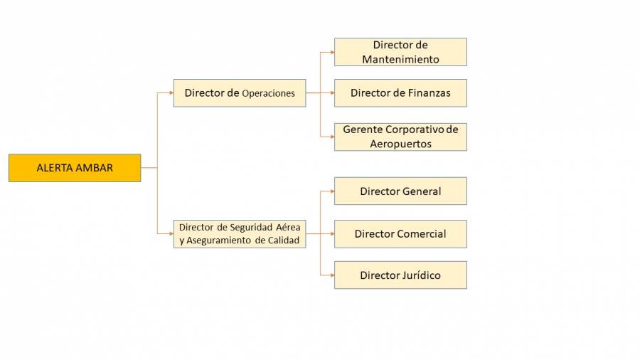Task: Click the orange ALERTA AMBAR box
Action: point(75,168)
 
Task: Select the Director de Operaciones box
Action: point(240,93)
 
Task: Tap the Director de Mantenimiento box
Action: point(400,52)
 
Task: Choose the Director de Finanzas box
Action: point(400,93)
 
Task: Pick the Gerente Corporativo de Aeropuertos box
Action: point(400,137)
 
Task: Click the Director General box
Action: point(400,191)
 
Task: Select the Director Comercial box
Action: point(400,234)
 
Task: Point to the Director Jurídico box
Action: point(400,275)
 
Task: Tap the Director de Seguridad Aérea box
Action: point(240,234)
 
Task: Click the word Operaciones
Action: point(268,93)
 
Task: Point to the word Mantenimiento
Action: point(400,59)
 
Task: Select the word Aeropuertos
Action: point(400,144)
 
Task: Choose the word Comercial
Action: point(422,234)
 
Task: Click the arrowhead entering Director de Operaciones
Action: point(171,93)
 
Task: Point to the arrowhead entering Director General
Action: point(331,191)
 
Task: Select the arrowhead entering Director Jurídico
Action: point(331,275)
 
